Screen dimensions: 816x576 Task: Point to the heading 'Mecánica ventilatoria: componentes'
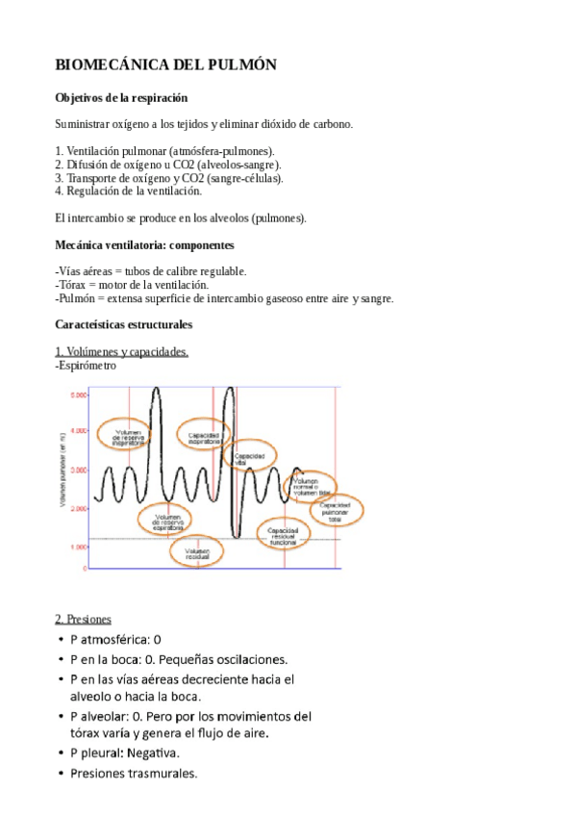point(152,245)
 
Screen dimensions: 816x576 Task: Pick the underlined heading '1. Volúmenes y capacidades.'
point(121,352)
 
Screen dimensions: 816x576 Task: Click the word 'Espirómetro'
point(88,366)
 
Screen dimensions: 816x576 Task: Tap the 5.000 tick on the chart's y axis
point(79,395)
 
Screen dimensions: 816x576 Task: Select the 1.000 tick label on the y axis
point(79,547)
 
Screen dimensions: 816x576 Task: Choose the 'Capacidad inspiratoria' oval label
point(205,436)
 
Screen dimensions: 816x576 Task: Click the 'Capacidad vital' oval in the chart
point(242,459)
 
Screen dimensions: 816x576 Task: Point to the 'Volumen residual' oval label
point(197,550)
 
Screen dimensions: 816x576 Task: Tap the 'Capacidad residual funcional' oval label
point(284,535)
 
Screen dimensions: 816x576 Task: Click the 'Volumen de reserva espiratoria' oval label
point(166,523)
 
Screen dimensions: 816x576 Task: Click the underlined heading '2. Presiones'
point(84,619)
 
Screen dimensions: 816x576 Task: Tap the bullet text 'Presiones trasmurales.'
point(133,772)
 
